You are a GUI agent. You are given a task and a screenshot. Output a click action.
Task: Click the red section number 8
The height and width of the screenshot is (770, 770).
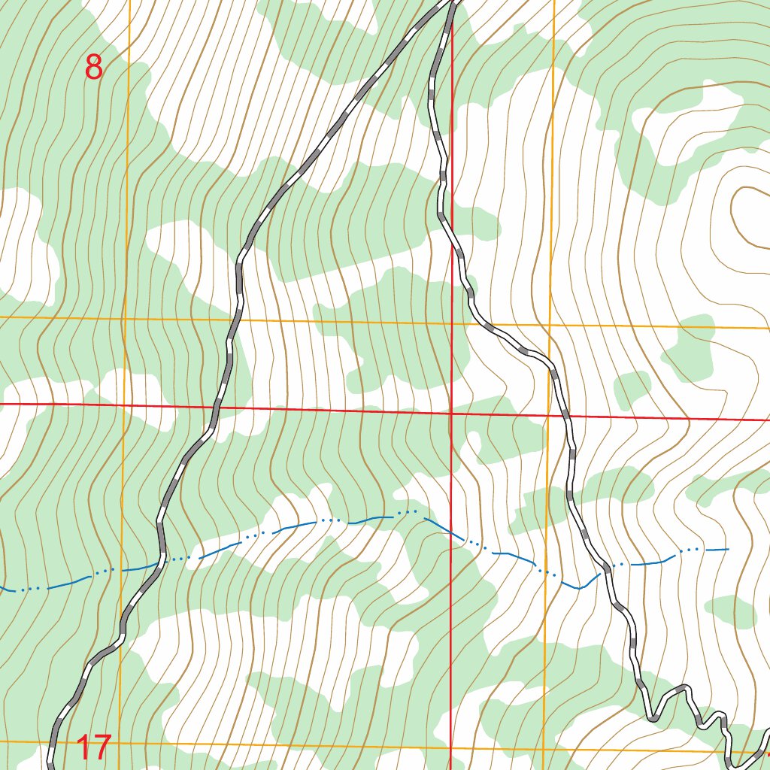[x=93, y=68]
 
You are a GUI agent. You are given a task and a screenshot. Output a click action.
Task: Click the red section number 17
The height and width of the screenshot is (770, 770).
[x=94, y=748]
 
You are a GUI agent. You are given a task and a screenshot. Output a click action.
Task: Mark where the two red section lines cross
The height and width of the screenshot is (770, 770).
[x=450, y=413]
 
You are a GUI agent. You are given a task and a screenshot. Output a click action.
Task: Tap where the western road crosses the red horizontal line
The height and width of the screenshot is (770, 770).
[x=217, y=408]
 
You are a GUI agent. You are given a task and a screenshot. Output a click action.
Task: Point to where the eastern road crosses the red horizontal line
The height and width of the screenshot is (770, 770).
[x=565, y=415]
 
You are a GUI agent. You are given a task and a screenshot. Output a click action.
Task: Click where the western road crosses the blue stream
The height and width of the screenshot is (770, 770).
[x=162, y=560]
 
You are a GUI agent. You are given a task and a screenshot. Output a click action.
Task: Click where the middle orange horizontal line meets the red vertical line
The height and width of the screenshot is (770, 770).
[x=451, y=323]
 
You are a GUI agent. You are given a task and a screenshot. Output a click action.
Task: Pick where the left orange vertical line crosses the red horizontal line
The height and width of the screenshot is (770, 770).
[x=126, y=406]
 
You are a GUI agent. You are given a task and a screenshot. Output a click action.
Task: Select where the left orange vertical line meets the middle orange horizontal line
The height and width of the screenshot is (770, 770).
[x=126, y=318]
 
